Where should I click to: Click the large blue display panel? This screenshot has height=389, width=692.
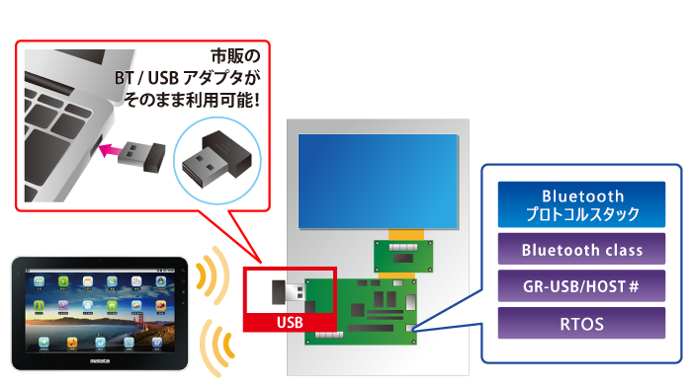coord(379,183)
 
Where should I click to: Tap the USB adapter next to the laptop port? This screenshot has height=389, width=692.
coord(138,153)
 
